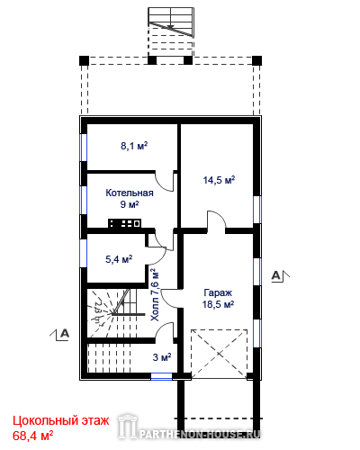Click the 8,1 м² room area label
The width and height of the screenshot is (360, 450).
point(134,146)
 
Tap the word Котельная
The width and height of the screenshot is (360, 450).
point(130,193)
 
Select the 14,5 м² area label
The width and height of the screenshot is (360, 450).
point(219,180)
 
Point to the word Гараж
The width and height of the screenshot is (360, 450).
point(218,292)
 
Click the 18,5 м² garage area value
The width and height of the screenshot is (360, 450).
point(218,304)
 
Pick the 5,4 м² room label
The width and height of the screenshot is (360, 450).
point(119,259)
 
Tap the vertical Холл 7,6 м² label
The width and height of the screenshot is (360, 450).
point(155,295)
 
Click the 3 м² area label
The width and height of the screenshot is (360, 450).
point(162,357)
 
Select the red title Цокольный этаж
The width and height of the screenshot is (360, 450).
point(61,421)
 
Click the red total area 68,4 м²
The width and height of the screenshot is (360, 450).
point(33,436)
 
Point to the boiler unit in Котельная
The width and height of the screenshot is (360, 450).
point(124,223)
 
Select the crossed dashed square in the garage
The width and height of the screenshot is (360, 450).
point(220,354)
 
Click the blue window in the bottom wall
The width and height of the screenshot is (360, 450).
point(161,376)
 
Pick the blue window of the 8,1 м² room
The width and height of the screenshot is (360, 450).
point(84,148)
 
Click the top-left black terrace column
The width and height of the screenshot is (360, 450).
point(85,60)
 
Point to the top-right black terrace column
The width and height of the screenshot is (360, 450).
point(256,60)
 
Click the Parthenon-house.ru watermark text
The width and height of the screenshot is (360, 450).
point(200,434)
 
